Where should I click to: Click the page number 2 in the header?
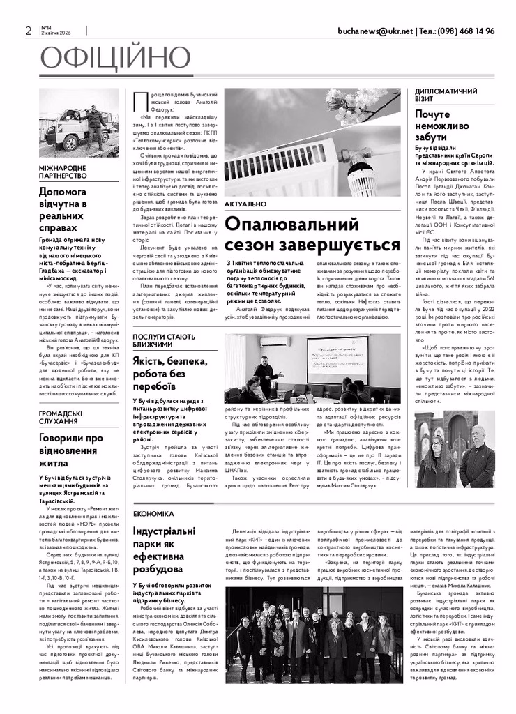28,31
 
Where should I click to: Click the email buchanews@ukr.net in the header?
374,31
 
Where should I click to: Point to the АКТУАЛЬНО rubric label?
245,204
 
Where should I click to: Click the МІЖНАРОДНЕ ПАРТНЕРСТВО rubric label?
63,172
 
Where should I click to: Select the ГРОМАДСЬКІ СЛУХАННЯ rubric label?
61,417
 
